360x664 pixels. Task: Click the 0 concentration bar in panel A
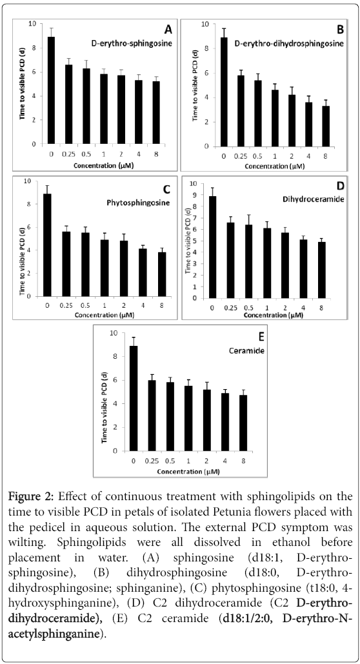tap(51, 90)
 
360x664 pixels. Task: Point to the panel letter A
tap(168, 30)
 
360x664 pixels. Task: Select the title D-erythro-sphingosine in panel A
tap(132, 43)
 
